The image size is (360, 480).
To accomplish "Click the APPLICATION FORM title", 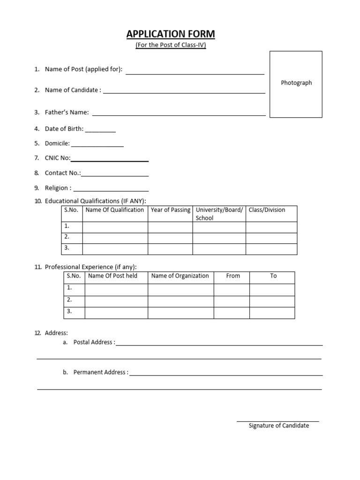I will (171, 34).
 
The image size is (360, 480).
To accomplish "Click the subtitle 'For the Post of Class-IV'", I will (171, 45).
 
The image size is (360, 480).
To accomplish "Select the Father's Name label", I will (67, 112).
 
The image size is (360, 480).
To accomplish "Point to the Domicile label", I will (57, 143).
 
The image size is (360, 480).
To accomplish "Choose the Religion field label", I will (58, 188).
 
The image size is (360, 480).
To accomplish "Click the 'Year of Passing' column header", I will (170, 210).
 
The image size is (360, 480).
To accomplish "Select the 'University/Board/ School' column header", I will (219, 214).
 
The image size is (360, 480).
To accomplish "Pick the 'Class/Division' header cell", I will (267, 210).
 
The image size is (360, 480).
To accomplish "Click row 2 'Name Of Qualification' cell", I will (115, 238).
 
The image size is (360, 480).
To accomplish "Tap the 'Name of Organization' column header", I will (180, 276).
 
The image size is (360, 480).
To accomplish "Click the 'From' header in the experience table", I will (233, 276).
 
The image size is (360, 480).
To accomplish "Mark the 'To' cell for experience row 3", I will (272, 313).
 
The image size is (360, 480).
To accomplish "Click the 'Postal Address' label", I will (93, 342).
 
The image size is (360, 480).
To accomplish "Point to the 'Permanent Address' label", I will (100, 372).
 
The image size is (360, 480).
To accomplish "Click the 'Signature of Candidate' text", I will (278, 426).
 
